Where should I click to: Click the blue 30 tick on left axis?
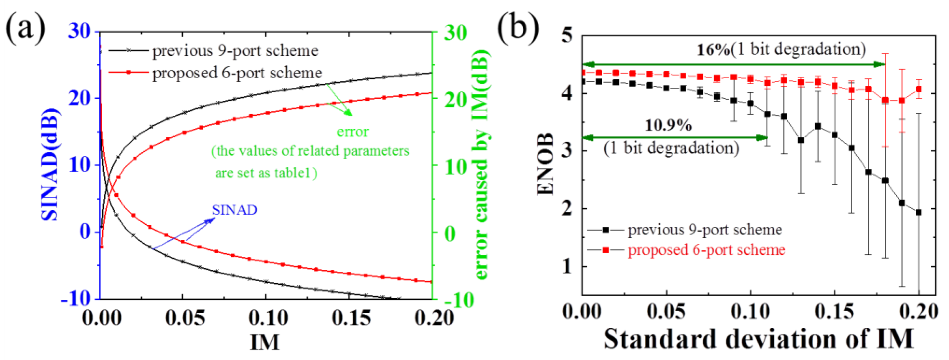(79, 31)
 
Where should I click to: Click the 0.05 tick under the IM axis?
(185, 318)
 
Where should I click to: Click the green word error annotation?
(353, 132)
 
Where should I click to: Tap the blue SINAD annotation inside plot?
(234, 210)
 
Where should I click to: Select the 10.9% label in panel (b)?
(668, 126)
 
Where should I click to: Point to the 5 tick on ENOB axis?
(567, 36)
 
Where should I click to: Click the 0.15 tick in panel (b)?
(834, 312)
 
